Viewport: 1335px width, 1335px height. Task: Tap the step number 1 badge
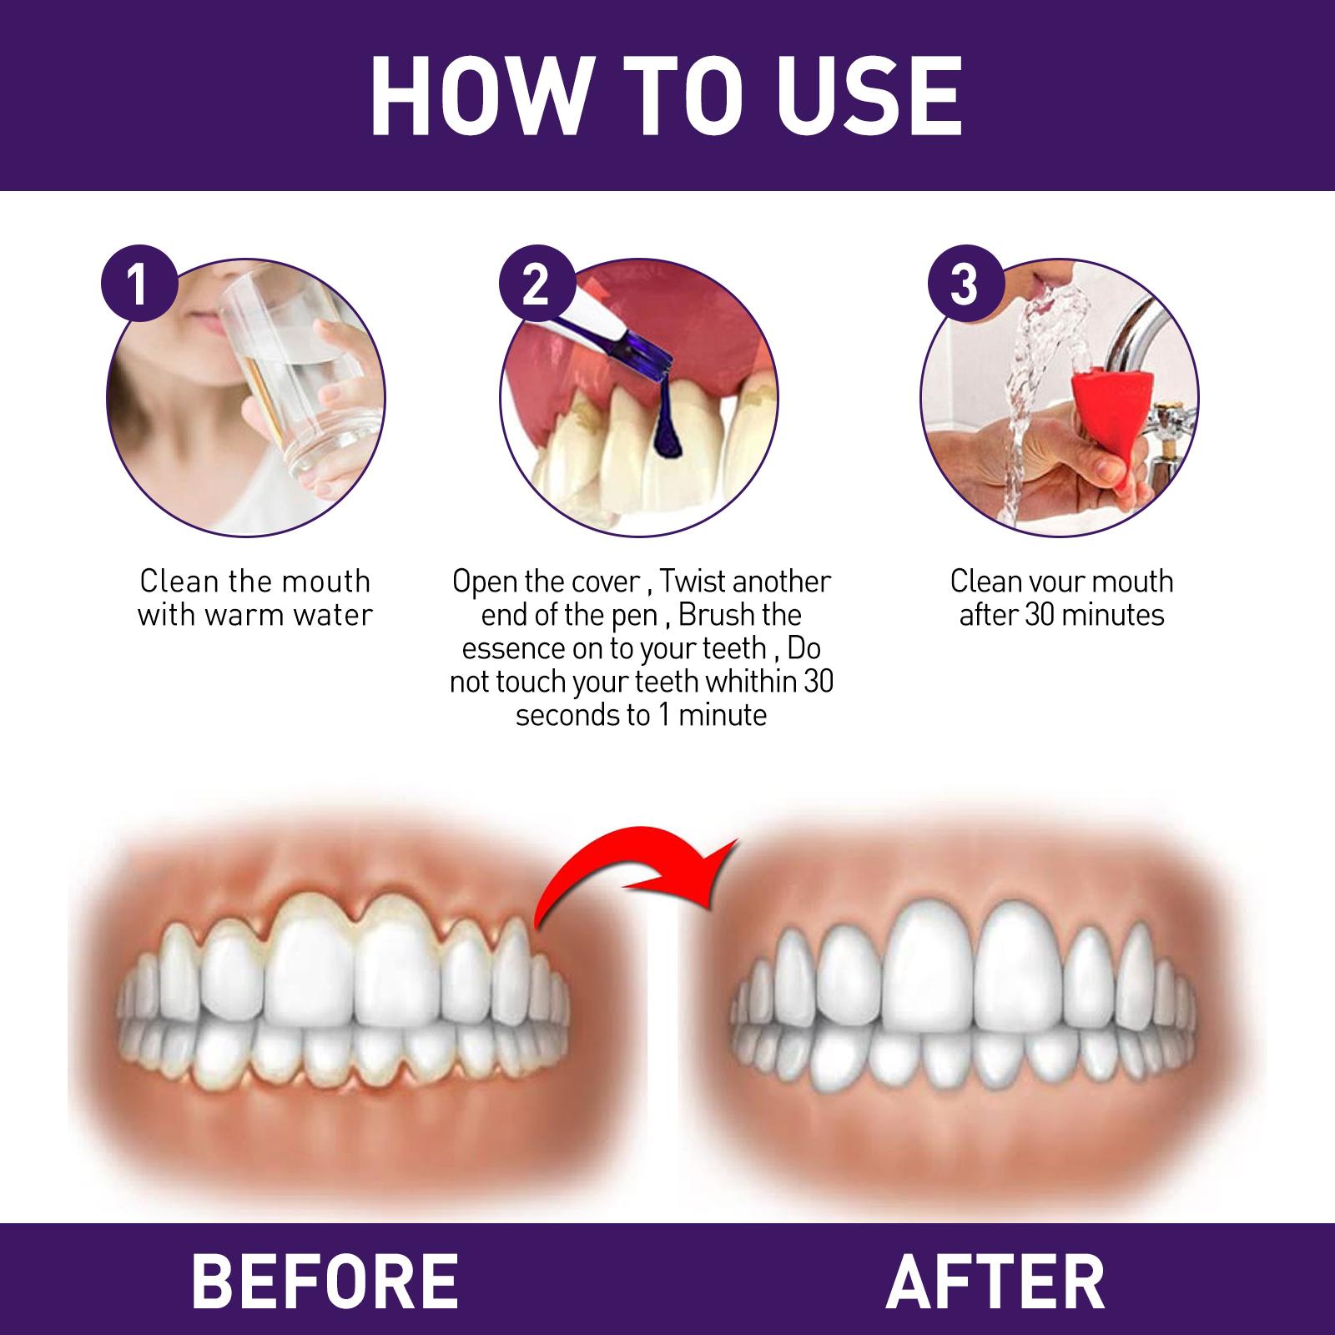pos(139,285)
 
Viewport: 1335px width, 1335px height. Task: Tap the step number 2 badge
pos(537,285)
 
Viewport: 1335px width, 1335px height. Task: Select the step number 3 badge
pos(965,285)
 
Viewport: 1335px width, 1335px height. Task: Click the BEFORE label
pos(325,1280)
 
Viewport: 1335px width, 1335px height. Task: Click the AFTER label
pos(995,1280)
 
